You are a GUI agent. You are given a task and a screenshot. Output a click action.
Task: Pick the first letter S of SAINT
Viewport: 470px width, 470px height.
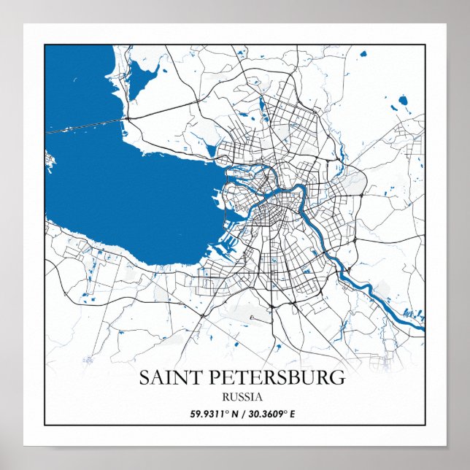coord(144,378)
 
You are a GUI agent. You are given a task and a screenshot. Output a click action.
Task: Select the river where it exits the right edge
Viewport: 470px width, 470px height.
coord(419,325)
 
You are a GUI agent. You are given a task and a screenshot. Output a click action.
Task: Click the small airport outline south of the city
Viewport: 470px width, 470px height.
coord(253,318)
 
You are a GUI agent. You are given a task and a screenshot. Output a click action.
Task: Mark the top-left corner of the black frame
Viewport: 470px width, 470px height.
coord(45,45)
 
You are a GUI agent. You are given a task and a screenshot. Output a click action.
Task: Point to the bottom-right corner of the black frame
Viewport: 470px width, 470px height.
coord(425,425)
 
